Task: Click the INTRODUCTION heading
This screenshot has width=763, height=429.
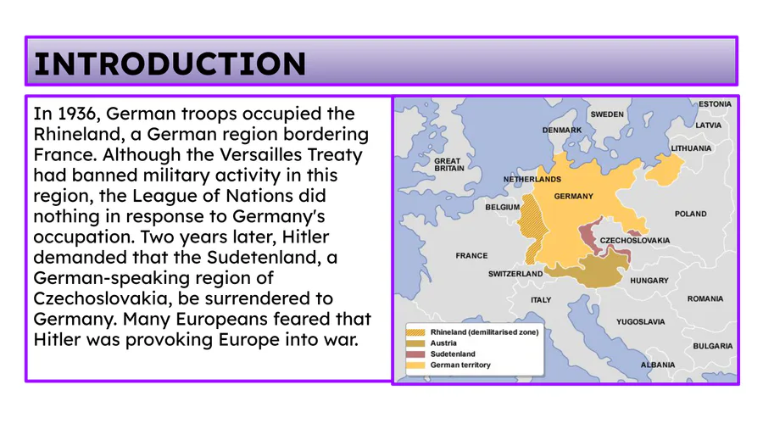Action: pyautogui.click(x=170, y=64)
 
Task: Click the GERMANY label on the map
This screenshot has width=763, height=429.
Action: pyautogui.click(x=573, y=196)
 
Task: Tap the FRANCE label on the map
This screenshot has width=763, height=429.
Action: pyautogui.click(x=471, y=255)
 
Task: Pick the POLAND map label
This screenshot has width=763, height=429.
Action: pyautogui.click(x=690, y=214)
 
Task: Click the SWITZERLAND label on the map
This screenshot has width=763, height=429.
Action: pyautogui.click(x=515, y=274)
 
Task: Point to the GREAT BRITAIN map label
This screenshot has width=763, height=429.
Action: pyautogui.click(x=449, y=164)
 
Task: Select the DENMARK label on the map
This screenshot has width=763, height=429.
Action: pyautogui.click(x=562, y=130)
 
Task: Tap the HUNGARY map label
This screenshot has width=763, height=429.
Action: pyautogui.click(x=649, y=280)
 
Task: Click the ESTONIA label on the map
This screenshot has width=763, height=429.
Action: pyautogui.click(x=715, y=103)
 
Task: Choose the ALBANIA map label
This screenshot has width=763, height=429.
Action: pyautogui.click(x=657, y=365)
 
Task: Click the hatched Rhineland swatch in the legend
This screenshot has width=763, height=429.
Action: pyautogui.click(x=415, y=332)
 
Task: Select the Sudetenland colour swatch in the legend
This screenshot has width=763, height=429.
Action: pyautogui.click(x=415, y=354)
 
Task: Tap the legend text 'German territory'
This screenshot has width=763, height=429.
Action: pyautogui.click(x=460, y=365)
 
